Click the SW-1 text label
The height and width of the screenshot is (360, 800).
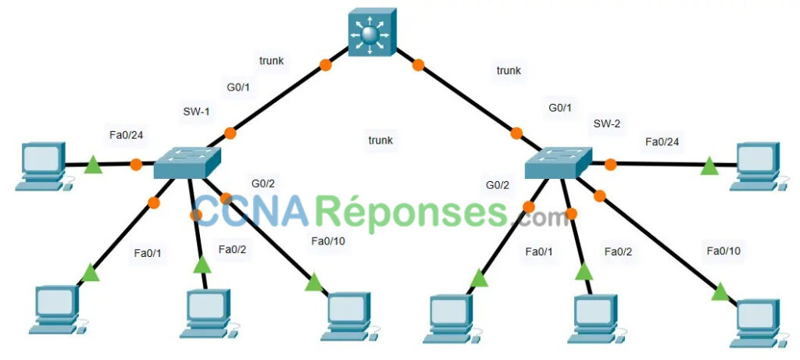tap(196, 112)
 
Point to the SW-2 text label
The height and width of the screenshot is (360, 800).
tap(606, 123)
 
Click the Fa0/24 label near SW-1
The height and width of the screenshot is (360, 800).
tap(127, 135)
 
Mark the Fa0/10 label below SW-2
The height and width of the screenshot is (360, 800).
tap(723, 251)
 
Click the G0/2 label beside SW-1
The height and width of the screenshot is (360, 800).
tap(263, 184)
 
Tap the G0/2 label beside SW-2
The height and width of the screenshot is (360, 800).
tap(498, 185)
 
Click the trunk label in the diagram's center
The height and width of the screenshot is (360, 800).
tap(380, 141)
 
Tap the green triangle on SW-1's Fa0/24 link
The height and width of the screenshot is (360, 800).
tap(93, 165)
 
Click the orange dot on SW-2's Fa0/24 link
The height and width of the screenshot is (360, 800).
tap(610, 164)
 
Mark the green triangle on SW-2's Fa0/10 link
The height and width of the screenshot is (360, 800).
tap(720, 292)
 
